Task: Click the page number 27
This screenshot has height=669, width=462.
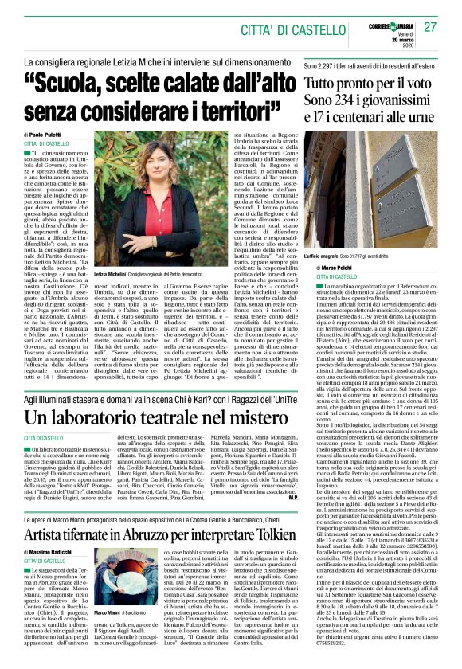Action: [431, 27]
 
